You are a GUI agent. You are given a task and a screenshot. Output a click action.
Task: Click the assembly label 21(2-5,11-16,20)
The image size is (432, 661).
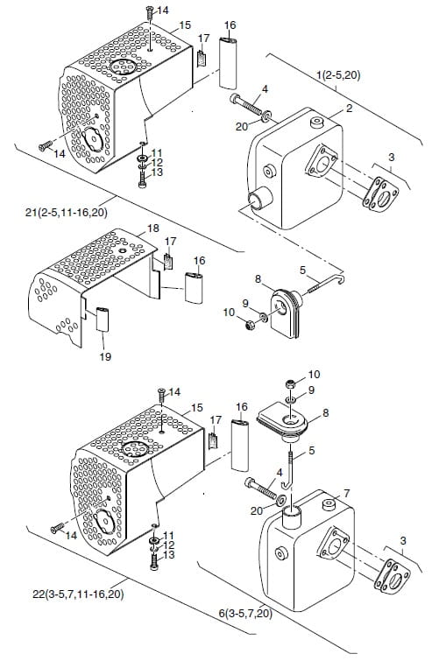point(67,213)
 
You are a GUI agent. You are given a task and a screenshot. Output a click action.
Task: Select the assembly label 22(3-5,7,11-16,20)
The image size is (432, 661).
point(78,594)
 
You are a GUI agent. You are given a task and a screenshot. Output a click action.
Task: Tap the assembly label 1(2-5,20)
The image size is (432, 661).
point(338,75)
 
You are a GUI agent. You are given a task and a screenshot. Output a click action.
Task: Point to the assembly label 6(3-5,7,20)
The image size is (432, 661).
point(245,614)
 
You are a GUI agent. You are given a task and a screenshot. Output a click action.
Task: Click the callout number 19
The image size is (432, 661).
point(105,356)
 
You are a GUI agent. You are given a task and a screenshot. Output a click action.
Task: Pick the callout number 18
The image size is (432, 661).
point(153,228)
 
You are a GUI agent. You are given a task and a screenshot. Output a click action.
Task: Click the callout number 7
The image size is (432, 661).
point(347,493)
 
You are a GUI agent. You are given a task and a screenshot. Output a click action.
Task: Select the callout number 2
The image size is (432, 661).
point(349,109)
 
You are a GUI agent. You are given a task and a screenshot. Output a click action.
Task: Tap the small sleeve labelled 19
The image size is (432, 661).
point(103,320)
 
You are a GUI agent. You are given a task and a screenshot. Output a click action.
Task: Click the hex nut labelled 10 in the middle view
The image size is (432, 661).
point(250,325)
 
